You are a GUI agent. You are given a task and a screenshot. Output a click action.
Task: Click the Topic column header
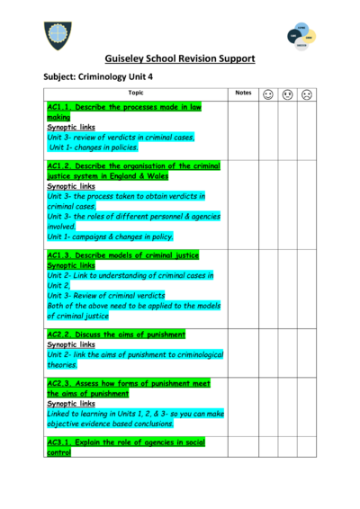[135, 94]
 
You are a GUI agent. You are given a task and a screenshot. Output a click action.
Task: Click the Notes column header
[243, 94]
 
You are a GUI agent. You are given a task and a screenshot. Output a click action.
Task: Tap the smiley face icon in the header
[268, 94]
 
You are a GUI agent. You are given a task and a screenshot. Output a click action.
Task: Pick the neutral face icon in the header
[287, 94]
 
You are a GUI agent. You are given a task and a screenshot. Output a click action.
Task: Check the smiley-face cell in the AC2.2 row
[268, 351]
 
